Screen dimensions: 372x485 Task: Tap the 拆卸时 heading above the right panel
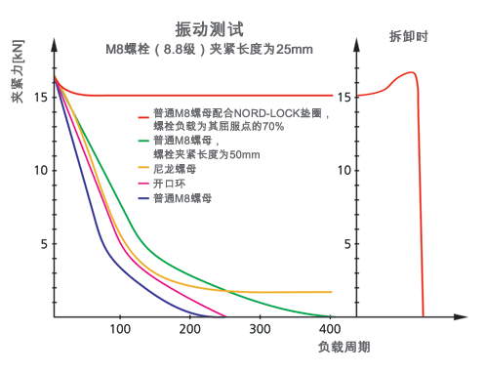click(x=406, y=36)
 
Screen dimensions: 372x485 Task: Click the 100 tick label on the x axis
click(x=119, y=330)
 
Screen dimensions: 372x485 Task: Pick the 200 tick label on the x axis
click(x=190, y=330)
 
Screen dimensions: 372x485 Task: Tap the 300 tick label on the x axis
click(x=261, y=330)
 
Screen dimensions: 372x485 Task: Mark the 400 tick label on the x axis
click(x=331, y=330)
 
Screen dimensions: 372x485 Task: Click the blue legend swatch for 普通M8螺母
click(x=144, y=198)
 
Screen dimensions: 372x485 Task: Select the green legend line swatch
click(x=144, y=142)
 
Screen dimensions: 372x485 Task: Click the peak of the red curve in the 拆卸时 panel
click(x=411, y=72)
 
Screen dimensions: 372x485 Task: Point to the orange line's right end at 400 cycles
click(x=332, y=292)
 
